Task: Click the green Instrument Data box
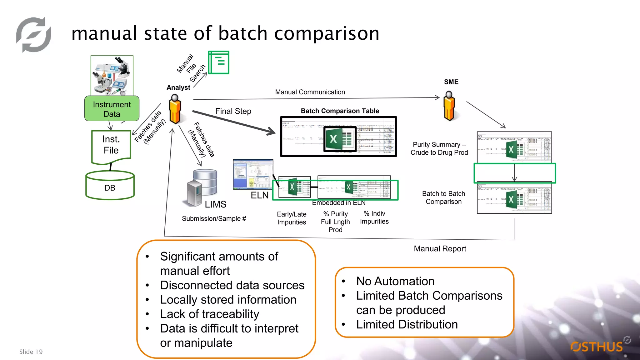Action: (112, 108)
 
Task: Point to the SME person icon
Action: (449, 106)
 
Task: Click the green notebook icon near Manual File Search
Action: (219, 62)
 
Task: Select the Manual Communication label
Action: (310, 92)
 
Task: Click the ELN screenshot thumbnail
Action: (253, 174)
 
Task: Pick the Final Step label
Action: (233, 111)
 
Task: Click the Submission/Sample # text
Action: (214, 219)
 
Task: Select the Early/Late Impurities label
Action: (292, 218)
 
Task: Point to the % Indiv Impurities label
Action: (374, 217)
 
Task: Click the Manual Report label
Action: (440, 249)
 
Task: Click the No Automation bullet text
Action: (395, 281)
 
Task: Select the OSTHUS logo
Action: (597, 346)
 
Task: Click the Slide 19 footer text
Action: (31, 352)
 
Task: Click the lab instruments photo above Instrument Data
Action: (112, 75)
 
